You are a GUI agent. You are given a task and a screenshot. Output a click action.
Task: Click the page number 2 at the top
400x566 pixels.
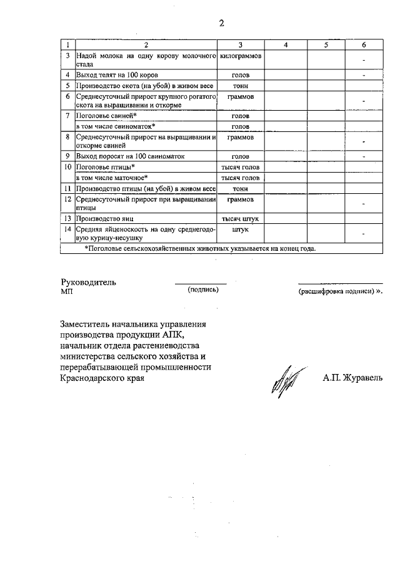coord(221,24)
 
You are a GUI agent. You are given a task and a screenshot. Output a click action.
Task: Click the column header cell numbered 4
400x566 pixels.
coord(285,45)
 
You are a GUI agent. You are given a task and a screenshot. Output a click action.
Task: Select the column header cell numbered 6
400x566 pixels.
coord(364,45)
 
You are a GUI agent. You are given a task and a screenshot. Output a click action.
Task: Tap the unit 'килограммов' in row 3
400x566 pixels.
coord(241,56)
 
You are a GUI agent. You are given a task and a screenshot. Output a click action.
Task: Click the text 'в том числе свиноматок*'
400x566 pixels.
coord(115,126)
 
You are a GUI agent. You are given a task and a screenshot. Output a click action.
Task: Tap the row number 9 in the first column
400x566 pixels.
coord(67,156)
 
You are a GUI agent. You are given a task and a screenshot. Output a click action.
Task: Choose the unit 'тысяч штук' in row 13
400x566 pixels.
coord(241,219)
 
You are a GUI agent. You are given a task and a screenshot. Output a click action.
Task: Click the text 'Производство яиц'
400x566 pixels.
coord(104,219)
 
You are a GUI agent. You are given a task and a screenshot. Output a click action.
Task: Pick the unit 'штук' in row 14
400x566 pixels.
coord(241,230)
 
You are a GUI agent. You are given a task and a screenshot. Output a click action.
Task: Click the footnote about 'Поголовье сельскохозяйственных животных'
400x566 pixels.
coord(201,249)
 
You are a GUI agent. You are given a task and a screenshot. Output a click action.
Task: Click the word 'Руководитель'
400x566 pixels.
coord(88,282)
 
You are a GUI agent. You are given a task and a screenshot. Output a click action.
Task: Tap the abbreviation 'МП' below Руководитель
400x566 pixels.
coord(67,291)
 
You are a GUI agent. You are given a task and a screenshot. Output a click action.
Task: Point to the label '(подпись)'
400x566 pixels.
coord(202,290)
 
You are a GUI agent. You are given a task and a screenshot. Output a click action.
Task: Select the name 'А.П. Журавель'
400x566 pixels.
coord(352,378)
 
